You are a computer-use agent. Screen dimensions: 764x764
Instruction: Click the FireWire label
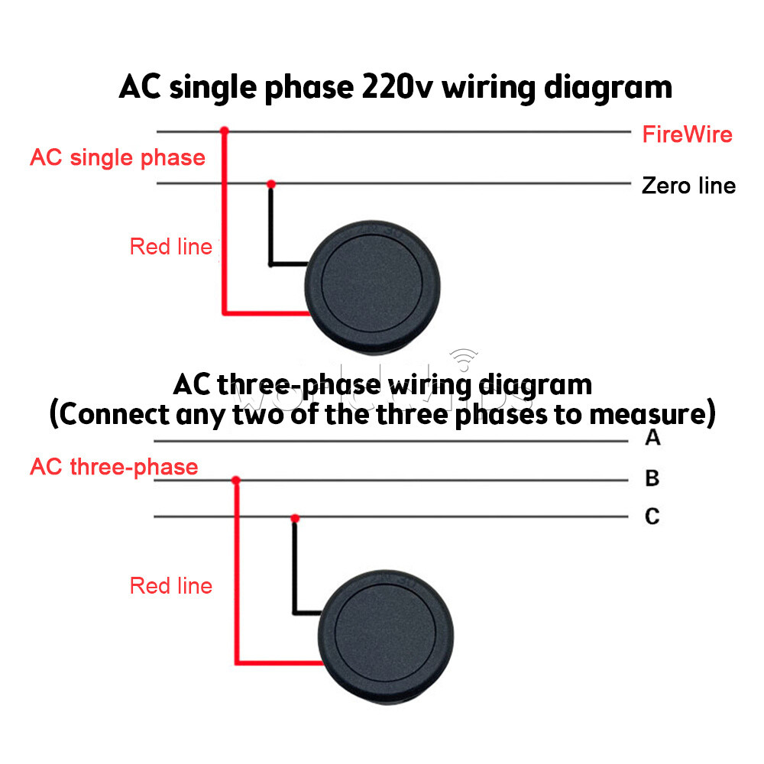pyautogui.click(x=687, y=135)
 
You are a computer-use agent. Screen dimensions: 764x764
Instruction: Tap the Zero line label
pyautogui.click(x=688, y=186)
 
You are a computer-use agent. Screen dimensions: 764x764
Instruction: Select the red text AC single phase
pyautogui.click(x=118, y=158)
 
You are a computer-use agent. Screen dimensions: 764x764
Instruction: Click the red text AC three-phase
pyautogui.click(x=114, y=467)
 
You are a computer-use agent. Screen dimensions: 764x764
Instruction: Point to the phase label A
pyautogui.click(x=652, y=439)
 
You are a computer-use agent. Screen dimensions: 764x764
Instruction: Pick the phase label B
pyautogui.click(x=652, y=479)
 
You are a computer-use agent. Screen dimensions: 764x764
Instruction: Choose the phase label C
pyautogui.click(x=652, y=517)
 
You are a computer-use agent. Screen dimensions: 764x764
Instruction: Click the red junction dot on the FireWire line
pyautogui.click(x=224, y=131)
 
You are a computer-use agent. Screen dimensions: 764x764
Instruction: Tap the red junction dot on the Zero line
pyautogui.click(x=270, y=184)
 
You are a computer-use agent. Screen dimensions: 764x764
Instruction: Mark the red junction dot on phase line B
pyautogui.click(x=236, y=481)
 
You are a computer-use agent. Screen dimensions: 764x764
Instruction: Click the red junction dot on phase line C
pyautogui.click(x=294, y=518)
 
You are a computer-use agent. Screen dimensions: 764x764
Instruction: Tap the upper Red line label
pyautogui.click(x=171, y=247)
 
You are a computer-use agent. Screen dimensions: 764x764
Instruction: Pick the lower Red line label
pyautogui.click(x=171, y=586)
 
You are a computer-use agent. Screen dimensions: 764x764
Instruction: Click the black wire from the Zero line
pyautogui.click(x=270, y=229)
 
